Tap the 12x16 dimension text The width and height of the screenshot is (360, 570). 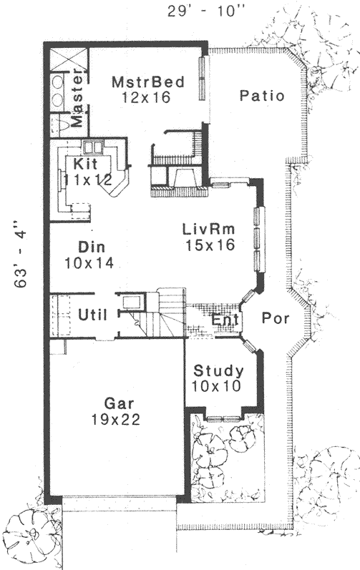145,97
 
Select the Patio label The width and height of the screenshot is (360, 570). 262,95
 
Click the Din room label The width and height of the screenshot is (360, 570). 92,247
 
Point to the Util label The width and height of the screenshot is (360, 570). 91,313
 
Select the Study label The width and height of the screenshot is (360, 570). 219,371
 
